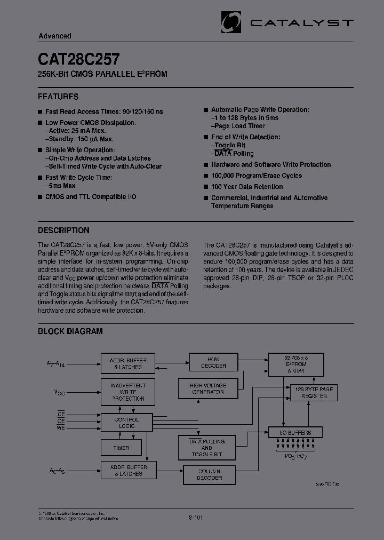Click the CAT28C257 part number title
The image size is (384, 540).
coord(78,58)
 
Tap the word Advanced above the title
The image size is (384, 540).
coord(55,36)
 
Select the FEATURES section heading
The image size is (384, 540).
coord(58,97)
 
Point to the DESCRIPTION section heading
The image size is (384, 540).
coord(63,231)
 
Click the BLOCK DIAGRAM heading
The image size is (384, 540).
coord(70,331)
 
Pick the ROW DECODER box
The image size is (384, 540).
coord(213,362)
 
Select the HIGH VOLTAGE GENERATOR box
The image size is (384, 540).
coord(208,388)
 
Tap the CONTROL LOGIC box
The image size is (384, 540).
coord(126,423)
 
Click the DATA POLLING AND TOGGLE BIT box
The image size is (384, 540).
coord(206,448)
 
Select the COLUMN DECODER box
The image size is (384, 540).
coord(210,474)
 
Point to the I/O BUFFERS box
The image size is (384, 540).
coord(295,433)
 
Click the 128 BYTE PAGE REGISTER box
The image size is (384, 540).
coord(314,393)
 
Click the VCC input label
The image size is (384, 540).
coord(59,392)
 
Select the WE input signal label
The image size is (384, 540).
coord(61,427)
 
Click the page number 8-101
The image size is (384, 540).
coord(196,517)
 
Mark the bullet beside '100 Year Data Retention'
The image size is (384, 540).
coord(205,187)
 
